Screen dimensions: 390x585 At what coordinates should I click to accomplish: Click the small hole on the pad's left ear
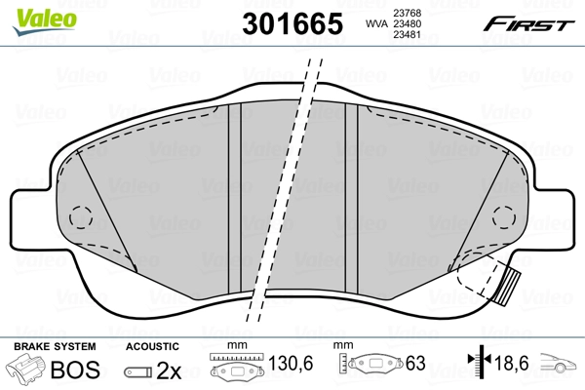81,214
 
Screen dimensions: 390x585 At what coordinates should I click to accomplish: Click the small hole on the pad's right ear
502,216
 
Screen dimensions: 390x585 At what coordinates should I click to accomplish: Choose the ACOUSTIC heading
152,346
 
